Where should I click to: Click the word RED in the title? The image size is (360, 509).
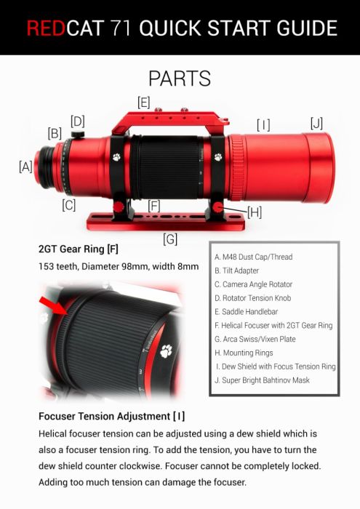pos(46,28)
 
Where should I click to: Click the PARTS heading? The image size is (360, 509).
pos(180,79)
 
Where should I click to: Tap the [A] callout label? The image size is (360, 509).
pos(25,167)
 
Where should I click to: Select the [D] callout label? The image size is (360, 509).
pos(78,121)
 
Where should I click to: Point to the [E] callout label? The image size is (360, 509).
pos(143,103)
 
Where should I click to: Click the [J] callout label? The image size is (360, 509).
pos(316,124)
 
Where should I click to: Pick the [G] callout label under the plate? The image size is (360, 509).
pos(170,239)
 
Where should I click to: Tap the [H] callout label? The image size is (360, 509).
pos(255,212)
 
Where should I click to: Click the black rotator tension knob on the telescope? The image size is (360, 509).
pos(78,134)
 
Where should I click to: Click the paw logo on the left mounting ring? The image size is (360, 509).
pos(116,158)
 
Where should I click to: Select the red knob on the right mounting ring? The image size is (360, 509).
pos(218,207)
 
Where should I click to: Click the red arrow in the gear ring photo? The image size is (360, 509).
pos(54,305)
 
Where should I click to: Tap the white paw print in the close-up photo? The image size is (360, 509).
pos(167,351)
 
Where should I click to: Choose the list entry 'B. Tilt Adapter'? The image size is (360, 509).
pos(236,270)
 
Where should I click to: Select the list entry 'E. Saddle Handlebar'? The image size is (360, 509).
pos(247,312)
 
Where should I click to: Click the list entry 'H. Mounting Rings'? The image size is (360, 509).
pos(244,353)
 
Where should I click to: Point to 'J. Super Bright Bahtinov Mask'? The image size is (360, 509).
pos(262,380)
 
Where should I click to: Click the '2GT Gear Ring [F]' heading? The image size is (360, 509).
pos(79,249)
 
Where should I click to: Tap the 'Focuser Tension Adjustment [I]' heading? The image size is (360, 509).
pos(112,416)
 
